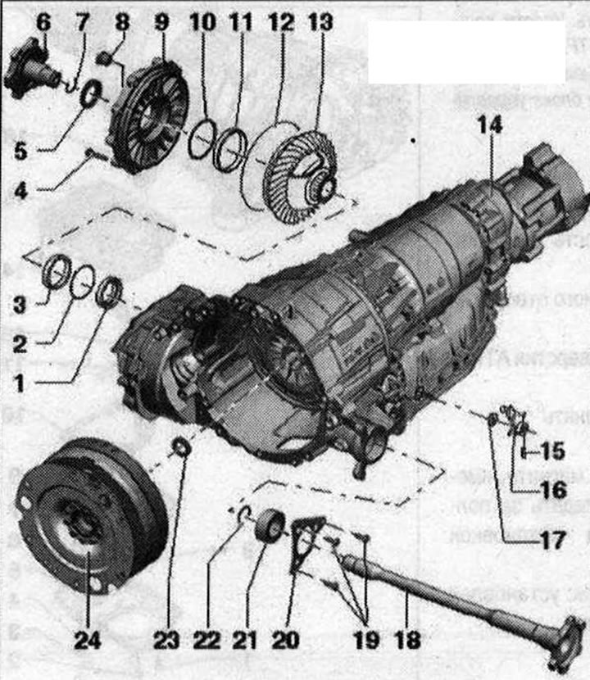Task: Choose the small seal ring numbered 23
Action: click(x=181, y=447)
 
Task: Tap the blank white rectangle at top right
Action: click(x=466, y=51)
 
